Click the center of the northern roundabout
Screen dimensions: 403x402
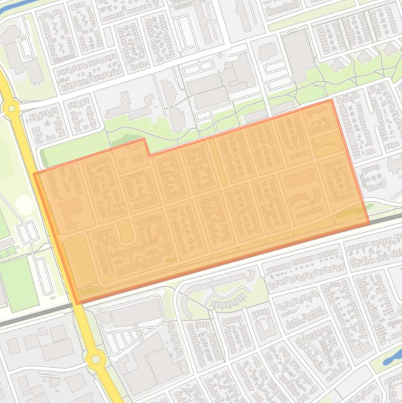(x=10, y=108)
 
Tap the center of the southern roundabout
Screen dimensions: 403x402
(x=96, y=359)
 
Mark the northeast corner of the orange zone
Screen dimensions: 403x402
(x=331, y=100)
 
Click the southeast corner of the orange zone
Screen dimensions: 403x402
(x=369, y=223)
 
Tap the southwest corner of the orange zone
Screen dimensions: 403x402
(x=77, y=303)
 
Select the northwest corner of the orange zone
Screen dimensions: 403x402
(x=35, y=173)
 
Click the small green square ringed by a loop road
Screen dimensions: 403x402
(x=125, y=231)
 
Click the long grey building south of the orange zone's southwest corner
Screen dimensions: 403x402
(x=136, y=314)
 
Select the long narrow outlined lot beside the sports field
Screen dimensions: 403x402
(x=43, y=275)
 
